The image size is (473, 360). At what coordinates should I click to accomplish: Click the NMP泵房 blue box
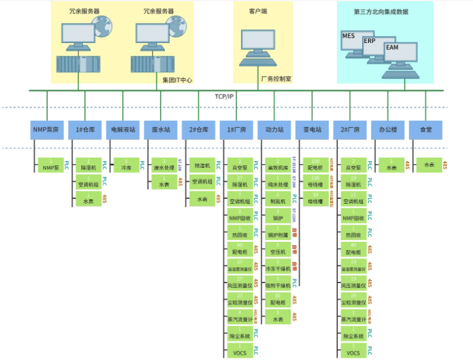coord(48,129)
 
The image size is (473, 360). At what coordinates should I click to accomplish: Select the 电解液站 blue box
coord(123,129)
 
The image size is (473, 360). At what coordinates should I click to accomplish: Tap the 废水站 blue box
coord(160,129)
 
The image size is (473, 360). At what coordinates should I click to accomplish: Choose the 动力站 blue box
coord(274,129)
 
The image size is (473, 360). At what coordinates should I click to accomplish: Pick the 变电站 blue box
coord(312,129)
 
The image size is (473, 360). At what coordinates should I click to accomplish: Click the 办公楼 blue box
coord(388,129)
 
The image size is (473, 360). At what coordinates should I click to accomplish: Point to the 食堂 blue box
coord(426,129)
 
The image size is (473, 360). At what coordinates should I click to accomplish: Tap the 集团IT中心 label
coord(177,79)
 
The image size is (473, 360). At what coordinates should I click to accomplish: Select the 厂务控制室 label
coord(276,79)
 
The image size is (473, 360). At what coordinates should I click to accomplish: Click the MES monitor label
coord(349,36)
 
